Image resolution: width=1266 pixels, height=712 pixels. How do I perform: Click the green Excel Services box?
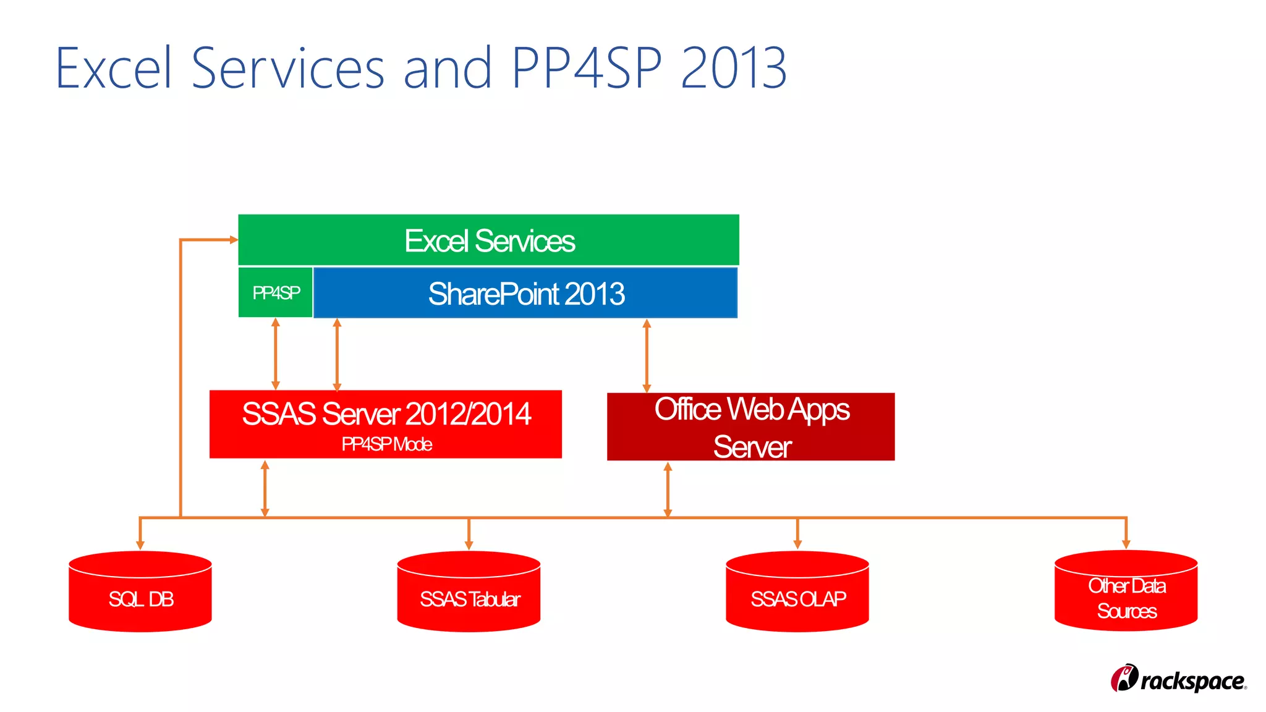488,240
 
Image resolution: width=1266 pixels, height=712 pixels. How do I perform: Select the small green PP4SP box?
276,292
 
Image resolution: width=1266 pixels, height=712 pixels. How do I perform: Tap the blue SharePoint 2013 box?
525,293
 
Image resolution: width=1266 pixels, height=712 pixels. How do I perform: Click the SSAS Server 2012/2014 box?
385,424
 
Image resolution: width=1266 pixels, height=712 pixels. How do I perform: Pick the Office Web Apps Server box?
750,426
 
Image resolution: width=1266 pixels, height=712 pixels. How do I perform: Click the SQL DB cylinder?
140,591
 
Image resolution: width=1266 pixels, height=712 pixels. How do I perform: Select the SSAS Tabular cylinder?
469,591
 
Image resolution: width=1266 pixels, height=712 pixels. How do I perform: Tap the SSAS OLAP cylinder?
797,591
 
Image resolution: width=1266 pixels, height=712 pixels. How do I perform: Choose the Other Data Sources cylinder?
1126,591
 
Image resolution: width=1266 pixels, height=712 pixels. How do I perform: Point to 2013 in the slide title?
734,68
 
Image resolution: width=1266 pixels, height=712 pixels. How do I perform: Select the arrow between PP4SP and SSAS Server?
276,354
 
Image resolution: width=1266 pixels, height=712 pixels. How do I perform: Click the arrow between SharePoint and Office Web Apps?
647,355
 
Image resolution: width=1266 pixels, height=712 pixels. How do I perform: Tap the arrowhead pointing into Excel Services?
233,240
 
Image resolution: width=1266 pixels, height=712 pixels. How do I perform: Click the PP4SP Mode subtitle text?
386,444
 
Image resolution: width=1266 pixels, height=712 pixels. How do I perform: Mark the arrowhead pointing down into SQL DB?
140,544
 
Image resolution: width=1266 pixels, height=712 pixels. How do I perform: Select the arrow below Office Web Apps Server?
668,489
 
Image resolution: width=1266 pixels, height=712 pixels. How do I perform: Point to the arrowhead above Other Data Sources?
1126,543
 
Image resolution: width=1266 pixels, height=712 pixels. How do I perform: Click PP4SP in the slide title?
587,68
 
